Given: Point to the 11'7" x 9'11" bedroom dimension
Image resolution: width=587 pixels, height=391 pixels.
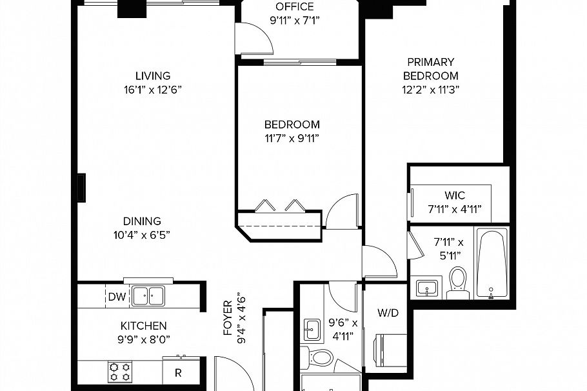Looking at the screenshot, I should click(x=292, y=138).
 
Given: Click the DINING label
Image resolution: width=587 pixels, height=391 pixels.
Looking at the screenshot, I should click(x=142, y=221).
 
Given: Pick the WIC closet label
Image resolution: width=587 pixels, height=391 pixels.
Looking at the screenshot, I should click(x=454, y=195).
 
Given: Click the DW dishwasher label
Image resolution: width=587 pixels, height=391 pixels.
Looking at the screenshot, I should click(x=117, y=297).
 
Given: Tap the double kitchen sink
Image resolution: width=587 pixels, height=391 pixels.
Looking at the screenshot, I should click(x=148, y=296).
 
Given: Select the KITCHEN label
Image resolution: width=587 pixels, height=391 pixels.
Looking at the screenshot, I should click(x=143, y=326).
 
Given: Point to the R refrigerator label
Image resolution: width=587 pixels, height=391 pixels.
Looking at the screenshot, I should click(x=177, y=372).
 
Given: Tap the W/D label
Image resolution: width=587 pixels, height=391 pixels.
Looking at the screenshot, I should click(x=388, y=314).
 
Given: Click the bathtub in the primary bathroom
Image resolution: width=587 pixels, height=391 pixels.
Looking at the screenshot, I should click(x=492, y=264).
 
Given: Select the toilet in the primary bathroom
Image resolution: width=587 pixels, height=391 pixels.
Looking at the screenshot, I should click(x=457, y=281).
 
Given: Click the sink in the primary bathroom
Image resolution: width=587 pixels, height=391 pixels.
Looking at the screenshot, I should click(x=426, y=287).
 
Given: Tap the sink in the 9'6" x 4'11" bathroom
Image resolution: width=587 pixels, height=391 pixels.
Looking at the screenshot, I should click(x=312, y=329).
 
